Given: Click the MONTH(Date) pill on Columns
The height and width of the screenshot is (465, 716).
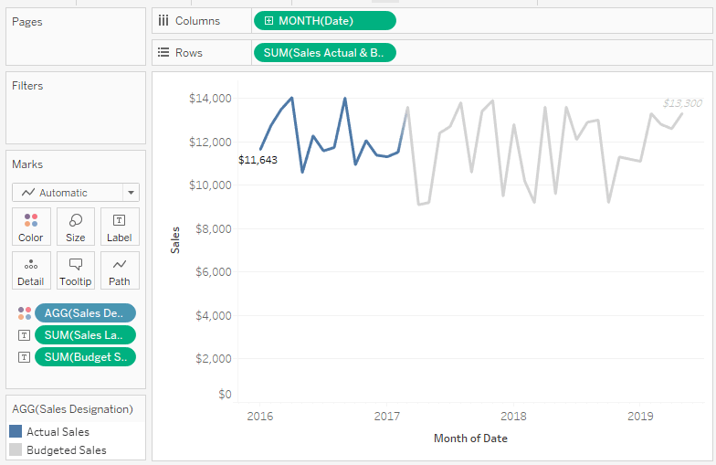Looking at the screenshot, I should (x=324, y=21).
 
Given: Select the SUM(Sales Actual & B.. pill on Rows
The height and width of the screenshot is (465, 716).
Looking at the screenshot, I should (x=324, y=53).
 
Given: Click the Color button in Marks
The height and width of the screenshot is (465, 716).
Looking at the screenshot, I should (x=31, y=227).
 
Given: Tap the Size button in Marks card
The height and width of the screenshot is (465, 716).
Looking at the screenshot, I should (x=76, y=227).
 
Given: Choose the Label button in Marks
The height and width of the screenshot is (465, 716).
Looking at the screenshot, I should (x=120, y=227).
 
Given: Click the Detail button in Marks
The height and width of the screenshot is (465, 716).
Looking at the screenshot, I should (x=31, y=271).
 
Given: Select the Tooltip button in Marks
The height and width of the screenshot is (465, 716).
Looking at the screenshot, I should (x=76, y=271).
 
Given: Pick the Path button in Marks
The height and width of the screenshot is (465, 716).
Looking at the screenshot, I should (x=120, y=271).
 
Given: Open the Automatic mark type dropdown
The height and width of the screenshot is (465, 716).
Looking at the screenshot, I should (x=76, y=193).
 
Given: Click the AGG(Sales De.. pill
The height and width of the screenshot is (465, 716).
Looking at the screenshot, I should (x=85, y=313).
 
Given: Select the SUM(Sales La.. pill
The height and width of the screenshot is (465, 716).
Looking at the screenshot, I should (x=85, y=335).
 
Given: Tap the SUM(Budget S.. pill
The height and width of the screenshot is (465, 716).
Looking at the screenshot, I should (x=85, y=357).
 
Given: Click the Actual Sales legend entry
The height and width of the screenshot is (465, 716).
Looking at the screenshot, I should (x=58, y=432).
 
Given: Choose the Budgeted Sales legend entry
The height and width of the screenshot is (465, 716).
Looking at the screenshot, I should (x=66, y=450).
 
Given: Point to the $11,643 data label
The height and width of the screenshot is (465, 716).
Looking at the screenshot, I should (x=258, y=160).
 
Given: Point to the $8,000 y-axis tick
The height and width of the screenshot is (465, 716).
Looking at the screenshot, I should (x=211, y=228).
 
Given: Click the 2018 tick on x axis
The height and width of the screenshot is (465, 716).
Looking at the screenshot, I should (x=513, y=417).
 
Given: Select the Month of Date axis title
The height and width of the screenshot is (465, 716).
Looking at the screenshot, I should (x=470, y=439).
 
